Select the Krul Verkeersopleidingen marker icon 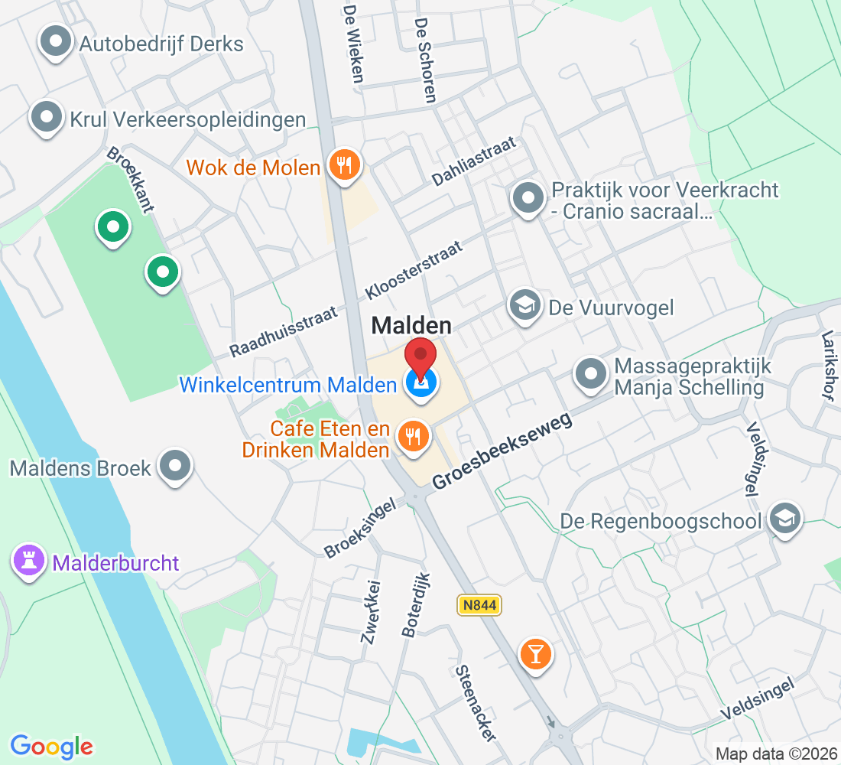(47, 118)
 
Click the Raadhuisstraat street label (283, 329)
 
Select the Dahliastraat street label (474, 161)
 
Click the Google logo (51, 746)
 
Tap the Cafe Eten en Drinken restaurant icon (414, 436)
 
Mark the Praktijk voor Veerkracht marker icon (528, 198)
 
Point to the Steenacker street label (476, 703)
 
